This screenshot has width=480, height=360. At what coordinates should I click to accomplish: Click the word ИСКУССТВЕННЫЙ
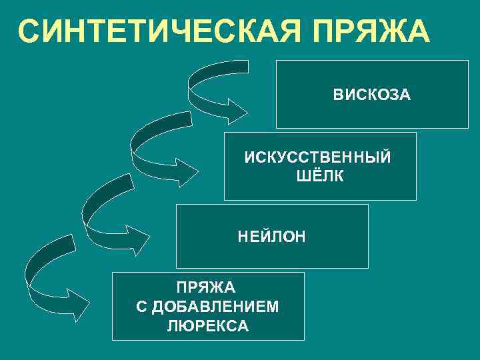click(x=318, y=158)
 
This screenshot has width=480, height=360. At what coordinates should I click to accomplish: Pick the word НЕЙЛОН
click(x=271, y=236)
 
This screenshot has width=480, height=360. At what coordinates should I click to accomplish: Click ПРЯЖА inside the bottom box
click(x=206, y=288)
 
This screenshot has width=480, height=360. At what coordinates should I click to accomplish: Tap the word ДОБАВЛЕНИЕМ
click(x=216, y=307)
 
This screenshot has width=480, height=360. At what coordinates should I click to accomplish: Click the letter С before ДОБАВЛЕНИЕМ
click(x=140, y=307)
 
